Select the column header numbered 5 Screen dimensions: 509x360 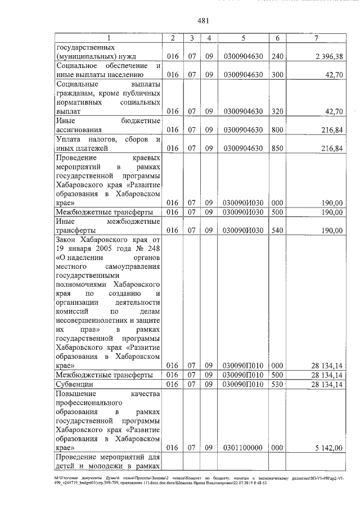[x=243, y=38]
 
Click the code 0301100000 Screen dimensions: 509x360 [x=243, y=448]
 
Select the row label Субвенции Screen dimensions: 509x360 [x=74, y=385]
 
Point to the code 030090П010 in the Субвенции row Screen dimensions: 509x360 [x=243, y=385]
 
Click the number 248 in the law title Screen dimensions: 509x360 [x=154, y=249]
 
